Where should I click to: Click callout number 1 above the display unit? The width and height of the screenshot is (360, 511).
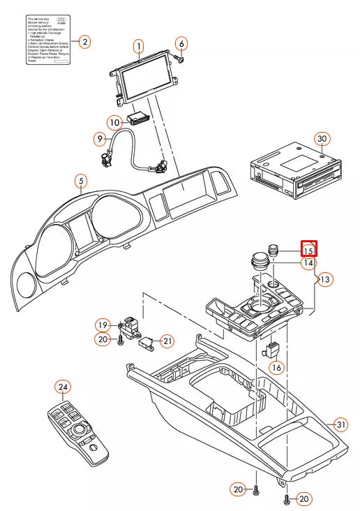tap(139, 46)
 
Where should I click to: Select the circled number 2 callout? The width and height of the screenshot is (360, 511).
tap(84, 42)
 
